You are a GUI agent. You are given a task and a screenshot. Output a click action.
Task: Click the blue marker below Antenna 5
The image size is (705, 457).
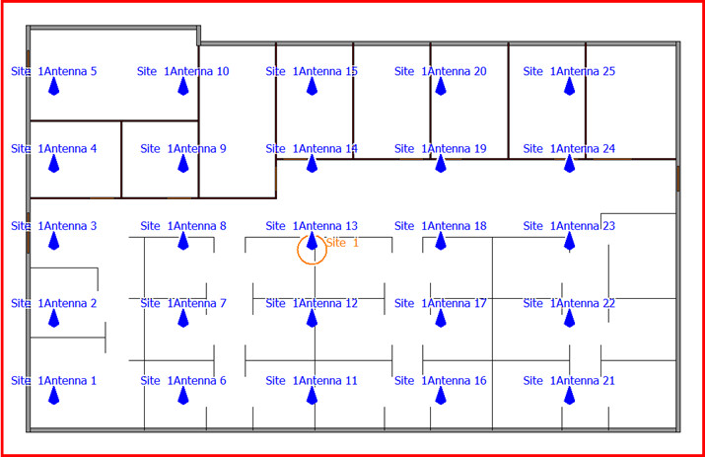(x=54, y=87)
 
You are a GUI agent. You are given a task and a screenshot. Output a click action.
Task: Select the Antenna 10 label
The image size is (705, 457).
(x=183, y=71)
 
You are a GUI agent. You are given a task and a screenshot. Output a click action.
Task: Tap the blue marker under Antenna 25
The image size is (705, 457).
(x=569, y=87)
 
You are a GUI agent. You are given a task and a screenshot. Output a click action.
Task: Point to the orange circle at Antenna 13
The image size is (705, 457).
(x=312, y=250)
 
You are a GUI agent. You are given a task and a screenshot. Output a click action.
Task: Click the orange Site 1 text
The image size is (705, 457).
(x=342, y=242)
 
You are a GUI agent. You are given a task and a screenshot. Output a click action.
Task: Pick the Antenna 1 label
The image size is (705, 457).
(x=54, y=381)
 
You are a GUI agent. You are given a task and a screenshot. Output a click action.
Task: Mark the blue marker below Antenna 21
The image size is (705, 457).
(x=569, y=396)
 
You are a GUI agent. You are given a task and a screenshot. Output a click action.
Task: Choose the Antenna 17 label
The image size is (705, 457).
(x=441, y=303)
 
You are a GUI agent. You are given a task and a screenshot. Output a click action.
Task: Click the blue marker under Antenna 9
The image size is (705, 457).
(x=183, y=164)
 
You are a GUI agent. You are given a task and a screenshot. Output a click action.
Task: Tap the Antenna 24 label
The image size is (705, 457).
(x=569, y=149)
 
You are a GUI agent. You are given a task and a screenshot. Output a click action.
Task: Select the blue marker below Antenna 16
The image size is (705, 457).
(x=441, y=396)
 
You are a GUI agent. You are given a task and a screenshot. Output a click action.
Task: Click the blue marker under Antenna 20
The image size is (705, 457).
(x=441, y=87)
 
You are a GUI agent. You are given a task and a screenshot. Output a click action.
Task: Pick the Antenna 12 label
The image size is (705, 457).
(x=312, y=303)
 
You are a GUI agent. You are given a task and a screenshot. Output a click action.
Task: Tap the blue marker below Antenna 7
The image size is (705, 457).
(x=183, y=318)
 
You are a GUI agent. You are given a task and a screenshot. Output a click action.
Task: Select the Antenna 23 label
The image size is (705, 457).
(x=569, y=226)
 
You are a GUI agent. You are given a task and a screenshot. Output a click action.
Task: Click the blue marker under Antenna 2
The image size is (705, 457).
(x=54, y=318)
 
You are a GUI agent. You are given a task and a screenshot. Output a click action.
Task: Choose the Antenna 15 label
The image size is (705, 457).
(x=312, y=71)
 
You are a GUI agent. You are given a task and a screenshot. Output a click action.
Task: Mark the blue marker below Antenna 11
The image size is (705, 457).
(x=312, y=396)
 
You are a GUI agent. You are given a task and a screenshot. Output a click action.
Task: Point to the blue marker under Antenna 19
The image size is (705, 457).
(x=441, y=164)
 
